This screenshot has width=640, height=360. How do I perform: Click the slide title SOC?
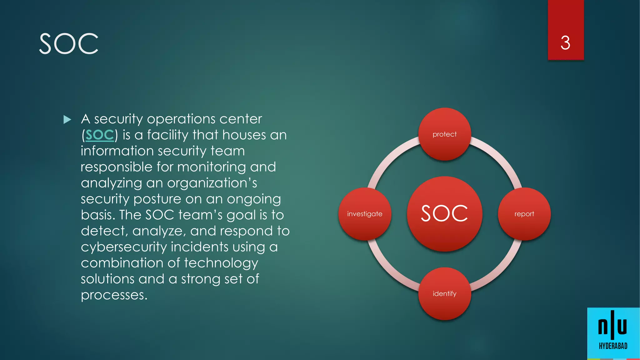[x=69, y=44]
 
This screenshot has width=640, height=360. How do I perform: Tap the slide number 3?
[x=565, y=43]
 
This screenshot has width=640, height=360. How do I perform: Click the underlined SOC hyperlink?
[x=100, y=135]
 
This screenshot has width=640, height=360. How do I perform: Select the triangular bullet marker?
[x=67, y=119]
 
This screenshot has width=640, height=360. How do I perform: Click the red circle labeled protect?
[x=444, y=134]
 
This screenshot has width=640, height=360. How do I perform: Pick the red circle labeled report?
[x=524, y=214]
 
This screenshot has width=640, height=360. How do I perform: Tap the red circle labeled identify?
[x=444, y=293]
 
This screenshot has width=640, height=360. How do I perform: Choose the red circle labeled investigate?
[x=365, y=214]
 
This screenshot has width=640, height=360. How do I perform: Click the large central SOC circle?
[x=444, y=214]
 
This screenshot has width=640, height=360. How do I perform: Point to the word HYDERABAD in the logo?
[x=613, y=346]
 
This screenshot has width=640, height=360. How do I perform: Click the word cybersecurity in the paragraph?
[x=124, y=247]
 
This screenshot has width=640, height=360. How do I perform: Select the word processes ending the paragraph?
[x=114, y=295]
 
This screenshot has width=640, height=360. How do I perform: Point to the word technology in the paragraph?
[x=221, y=263]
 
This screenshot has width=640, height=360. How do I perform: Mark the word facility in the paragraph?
[x=167, y=135]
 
